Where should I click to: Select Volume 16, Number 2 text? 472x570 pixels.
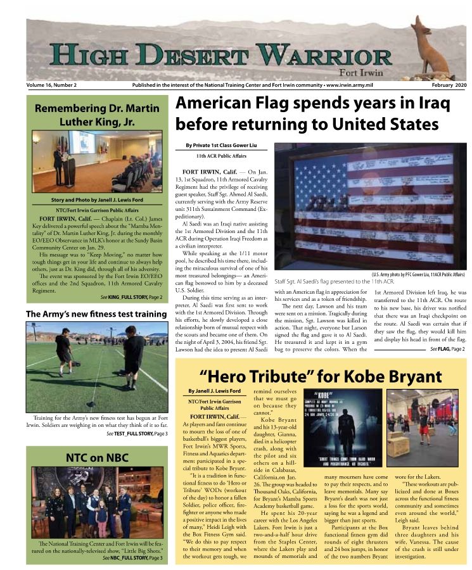51,85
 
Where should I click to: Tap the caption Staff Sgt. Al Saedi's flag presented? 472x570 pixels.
335,280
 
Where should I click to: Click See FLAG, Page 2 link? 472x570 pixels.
447,349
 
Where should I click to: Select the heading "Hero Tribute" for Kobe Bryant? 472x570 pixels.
321,377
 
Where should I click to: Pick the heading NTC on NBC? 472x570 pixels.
97,457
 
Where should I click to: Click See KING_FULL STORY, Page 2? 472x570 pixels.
131,297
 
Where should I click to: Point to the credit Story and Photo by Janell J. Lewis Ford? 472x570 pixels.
97,200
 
